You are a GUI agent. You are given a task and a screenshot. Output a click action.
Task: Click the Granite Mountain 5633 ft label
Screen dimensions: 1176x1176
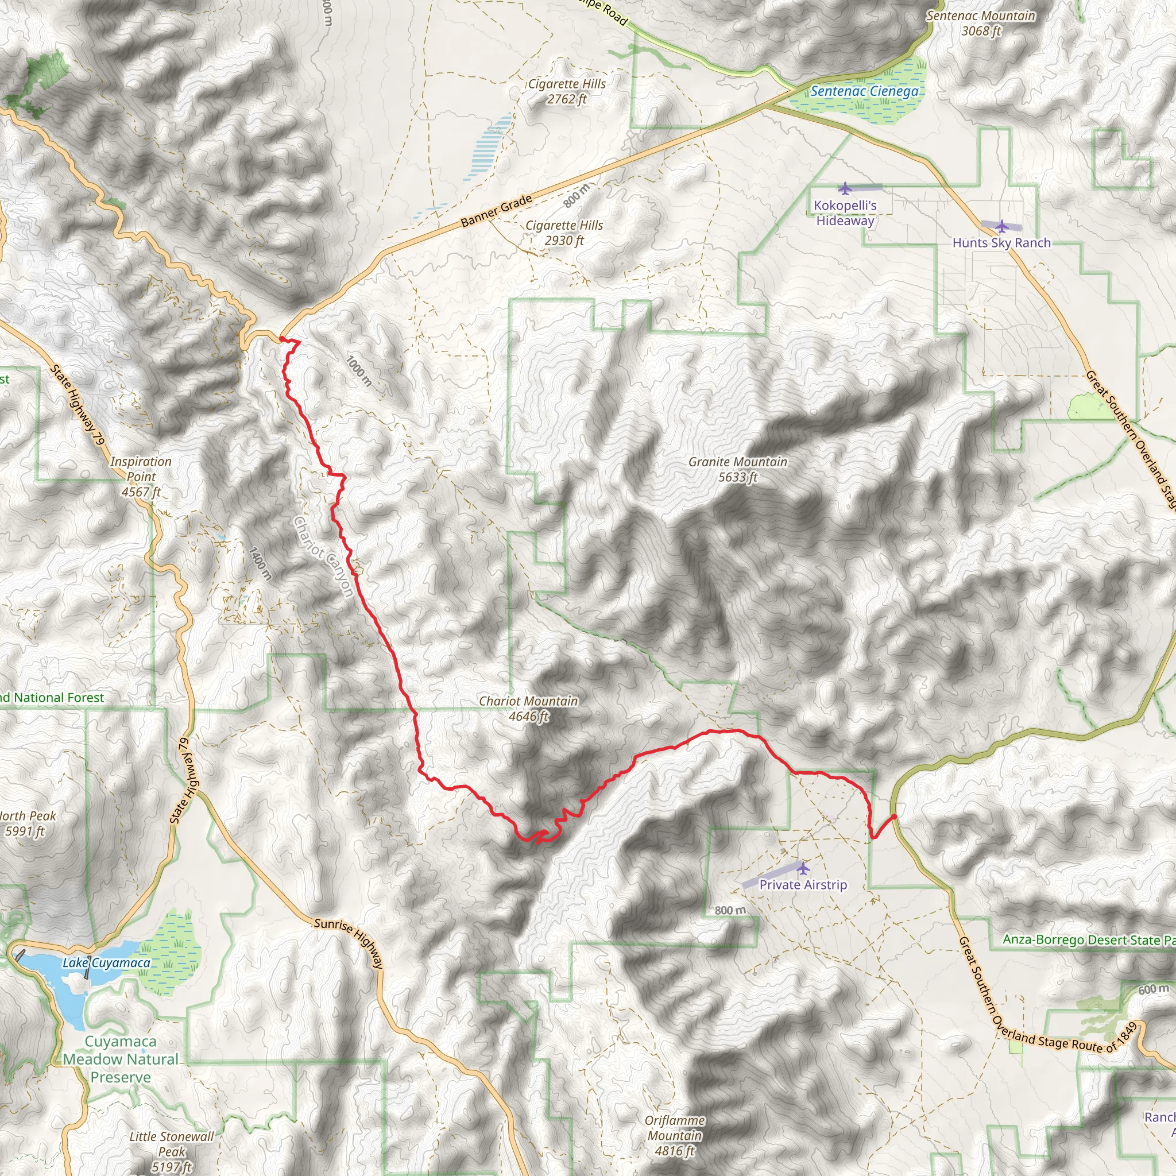(738, 469)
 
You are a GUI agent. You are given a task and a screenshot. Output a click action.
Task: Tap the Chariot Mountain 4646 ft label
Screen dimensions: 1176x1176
(528, 709)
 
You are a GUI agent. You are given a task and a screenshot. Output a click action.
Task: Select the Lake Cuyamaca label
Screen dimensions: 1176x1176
(107, 962)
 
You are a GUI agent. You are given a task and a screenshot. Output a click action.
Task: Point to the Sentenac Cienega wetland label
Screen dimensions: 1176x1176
(864, 91)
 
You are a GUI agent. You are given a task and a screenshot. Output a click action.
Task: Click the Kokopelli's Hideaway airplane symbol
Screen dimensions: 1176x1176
(844, 188)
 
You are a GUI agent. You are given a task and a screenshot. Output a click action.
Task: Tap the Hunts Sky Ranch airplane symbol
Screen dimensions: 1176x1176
(1002, 226)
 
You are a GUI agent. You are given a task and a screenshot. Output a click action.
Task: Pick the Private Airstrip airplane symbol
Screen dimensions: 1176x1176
(803, 868)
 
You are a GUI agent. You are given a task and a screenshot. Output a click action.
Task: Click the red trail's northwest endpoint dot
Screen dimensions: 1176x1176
(282, 339)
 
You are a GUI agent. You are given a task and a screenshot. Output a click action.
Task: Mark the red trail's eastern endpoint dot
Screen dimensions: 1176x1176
(893, 817)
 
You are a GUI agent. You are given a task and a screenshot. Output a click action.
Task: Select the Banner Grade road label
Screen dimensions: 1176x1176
(496, 211)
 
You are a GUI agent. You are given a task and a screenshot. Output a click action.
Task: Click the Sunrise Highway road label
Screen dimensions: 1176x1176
(349, 943)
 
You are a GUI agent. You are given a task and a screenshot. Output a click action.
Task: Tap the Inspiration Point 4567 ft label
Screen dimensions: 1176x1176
(141, 477)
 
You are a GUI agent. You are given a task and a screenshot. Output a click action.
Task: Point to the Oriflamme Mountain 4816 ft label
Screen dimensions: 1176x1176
(675, 1135)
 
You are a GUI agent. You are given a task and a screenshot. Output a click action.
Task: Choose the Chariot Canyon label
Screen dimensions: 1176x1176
(323, 556)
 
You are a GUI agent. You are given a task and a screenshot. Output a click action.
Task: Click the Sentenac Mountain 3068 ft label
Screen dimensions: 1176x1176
(981, 23)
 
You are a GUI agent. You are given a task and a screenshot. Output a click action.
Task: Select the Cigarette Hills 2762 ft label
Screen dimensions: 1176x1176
(567, 91)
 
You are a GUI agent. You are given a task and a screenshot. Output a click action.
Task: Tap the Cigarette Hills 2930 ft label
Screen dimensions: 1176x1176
(564, 233)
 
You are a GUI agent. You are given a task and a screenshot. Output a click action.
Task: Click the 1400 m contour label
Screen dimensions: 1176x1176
(260, 563)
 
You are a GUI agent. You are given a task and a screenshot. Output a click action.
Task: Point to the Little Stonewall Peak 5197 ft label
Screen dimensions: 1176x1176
(172, 1151)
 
